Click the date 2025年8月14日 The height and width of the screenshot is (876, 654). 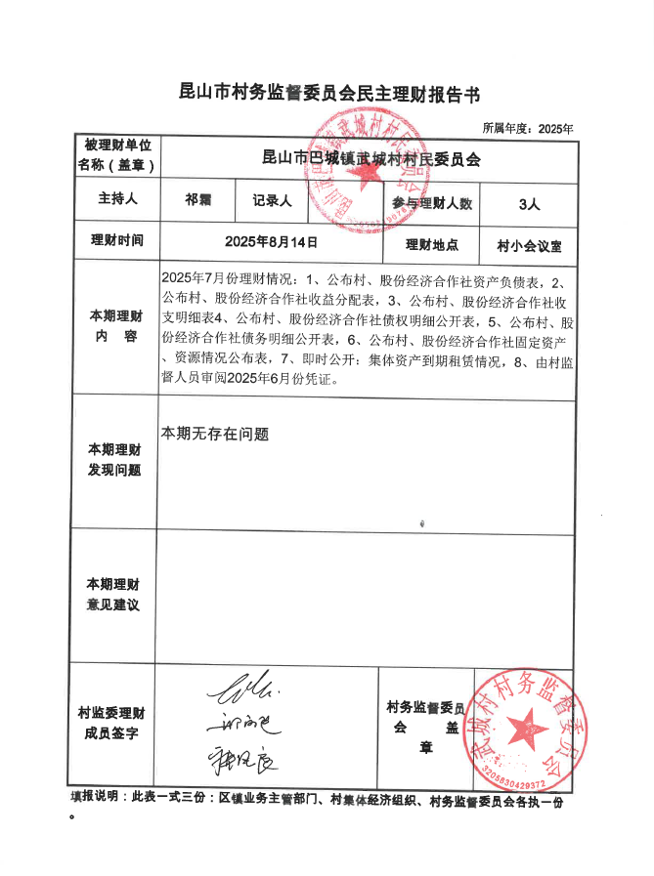coord(271,241)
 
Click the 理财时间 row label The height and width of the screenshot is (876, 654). coord(115,241)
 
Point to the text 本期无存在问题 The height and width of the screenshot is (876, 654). coord(215,433)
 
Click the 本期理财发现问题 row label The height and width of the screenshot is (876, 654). coord(115,460)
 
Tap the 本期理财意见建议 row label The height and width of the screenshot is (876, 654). coord(115,595)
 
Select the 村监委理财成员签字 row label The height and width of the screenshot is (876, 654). coord(115,723)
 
